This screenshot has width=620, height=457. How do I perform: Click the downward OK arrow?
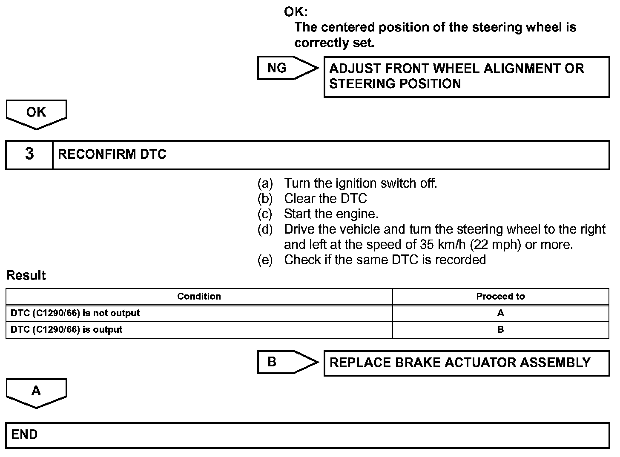(36, 113)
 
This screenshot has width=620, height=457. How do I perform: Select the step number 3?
(29, 154)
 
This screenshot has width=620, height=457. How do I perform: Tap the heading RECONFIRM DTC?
(112, 154)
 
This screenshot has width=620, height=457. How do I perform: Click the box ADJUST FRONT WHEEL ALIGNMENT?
(466, 77)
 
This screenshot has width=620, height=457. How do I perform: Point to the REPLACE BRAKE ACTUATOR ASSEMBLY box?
(466, 363)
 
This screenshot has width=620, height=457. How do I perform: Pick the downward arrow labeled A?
(36, 392)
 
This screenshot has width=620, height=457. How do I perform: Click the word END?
(24, 434)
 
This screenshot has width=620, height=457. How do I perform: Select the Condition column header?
(199, 297)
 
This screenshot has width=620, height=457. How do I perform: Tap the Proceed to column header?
(500, 297)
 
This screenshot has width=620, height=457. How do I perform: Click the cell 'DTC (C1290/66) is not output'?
(75, 313)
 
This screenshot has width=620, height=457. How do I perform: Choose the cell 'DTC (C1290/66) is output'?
(66, 330)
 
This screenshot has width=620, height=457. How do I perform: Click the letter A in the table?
(500, 313)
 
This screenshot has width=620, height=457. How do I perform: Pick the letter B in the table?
(500, 330)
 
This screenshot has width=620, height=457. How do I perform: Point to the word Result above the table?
(26, 276)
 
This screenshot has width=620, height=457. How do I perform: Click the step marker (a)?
(265, 183)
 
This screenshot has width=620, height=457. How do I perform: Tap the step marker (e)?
(265, 260)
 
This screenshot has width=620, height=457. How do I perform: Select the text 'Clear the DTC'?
(325, 199)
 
